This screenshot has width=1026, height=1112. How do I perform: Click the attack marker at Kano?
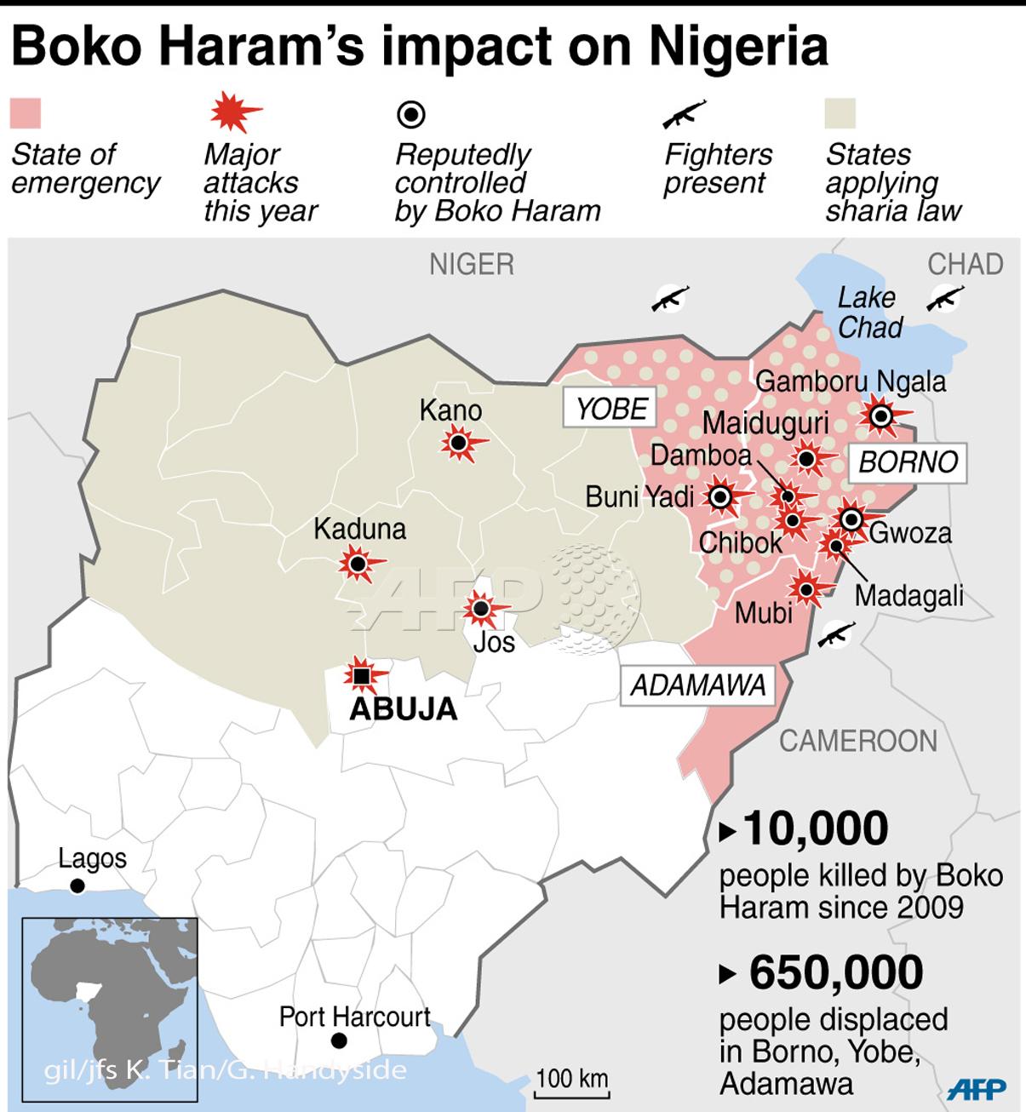tap(459, 443)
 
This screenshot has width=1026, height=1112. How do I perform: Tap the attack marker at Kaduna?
tap(358, 564)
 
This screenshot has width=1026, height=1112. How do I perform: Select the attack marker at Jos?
tap(481, 608)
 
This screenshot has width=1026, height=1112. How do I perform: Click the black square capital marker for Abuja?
tap(362, 676)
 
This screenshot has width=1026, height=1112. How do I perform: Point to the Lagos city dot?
tap(77, 886)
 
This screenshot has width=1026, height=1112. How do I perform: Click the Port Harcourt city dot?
tap(339, 1040)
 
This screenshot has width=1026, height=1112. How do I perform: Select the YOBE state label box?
tap(610, 409)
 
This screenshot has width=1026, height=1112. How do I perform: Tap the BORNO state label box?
tap(908, 461)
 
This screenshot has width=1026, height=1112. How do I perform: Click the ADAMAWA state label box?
tap(697, 685)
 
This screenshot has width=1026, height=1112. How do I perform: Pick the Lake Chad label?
tap(868, 312)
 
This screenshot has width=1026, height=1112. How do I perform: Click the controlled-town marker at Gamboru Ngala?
tap(880, 416)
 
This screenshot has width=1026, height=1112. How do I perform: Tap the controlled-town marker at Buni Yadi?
tap(721, 497)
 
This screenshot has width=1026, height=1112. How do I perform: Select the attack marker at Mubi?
tap(804, 587)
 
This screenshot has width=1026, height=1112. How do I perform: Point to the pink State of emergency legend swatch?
tap(26, 113)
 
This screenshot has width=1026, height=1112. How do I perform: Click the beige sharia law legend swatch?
tap(840, 113)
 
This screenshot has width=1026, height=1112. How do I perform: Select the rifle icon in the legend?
tap(685, 113)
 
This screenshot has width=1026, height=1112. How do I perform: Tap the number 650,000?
tap(836, 972)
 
